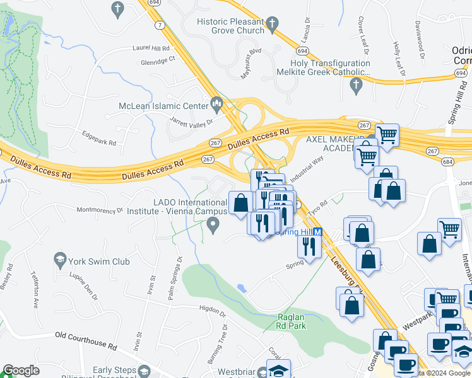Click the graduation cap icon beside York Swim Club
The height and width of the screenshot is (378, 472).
pyautogui.click(x=60, y=260)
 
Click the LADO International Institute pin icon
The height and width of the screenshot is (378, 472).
pyautogui.click(x=215, y=224)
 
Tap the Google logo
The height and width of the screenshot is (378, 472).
pyautogui.click(x=21, y=370)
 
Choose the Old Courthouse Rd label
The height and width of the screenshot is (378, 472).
pyautogui.click(x=86, y=341)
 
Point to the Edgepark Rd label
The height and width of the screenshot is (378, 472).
pyautogui.click(x=100, y=138)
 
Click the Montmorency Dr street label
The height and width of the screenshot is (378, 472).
pyautogui.click(x=99, y=210)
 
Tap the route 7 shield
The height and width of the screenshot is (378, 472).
pyautogui.click(x=161, y=25)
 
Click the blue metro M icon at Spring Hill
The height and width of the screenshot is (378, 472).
pyautogui.click(x=318, y=232)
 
